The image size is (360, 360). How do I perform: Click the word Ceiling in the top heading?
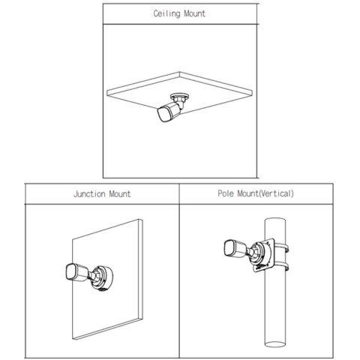[x=166, y=13]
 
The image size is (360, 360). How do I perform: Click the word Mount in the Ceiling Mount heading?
[x=194, y=13]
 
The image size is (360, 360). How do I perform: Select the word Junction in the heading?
[x=89, y=194]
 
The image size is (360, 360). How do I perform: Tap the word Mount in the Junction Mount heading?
[x=120, y=194]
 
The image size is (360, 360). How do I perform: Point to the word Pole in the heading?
[x=226, y=193]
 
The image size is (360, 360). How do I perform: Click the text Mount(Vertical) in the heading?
[x=265, y=193]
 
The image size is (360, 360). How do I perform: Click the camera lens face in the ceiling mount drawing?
[x=163, y=114]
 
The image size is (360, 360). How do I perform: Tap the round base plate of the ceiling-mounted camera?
[x=179, y=96]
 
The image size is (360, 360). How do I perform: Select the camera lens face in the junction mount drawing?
[x=70, y=272]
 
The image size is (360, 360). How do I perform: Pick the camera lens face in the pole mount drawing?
[x=228, y=248]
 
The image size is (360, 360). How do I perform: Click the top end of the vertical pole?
[x=275, y=220]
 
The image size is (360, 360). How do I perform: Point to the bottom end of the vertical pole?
[x=275, y=344]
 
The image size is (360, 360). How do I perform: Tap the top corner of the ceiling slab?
[x=179, y=73]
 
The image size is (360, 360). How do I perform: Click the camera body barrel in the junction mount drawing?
[x=82, y=272]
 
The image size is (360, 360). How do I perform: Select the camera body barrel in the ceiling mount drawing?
[x=174, y=109]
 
